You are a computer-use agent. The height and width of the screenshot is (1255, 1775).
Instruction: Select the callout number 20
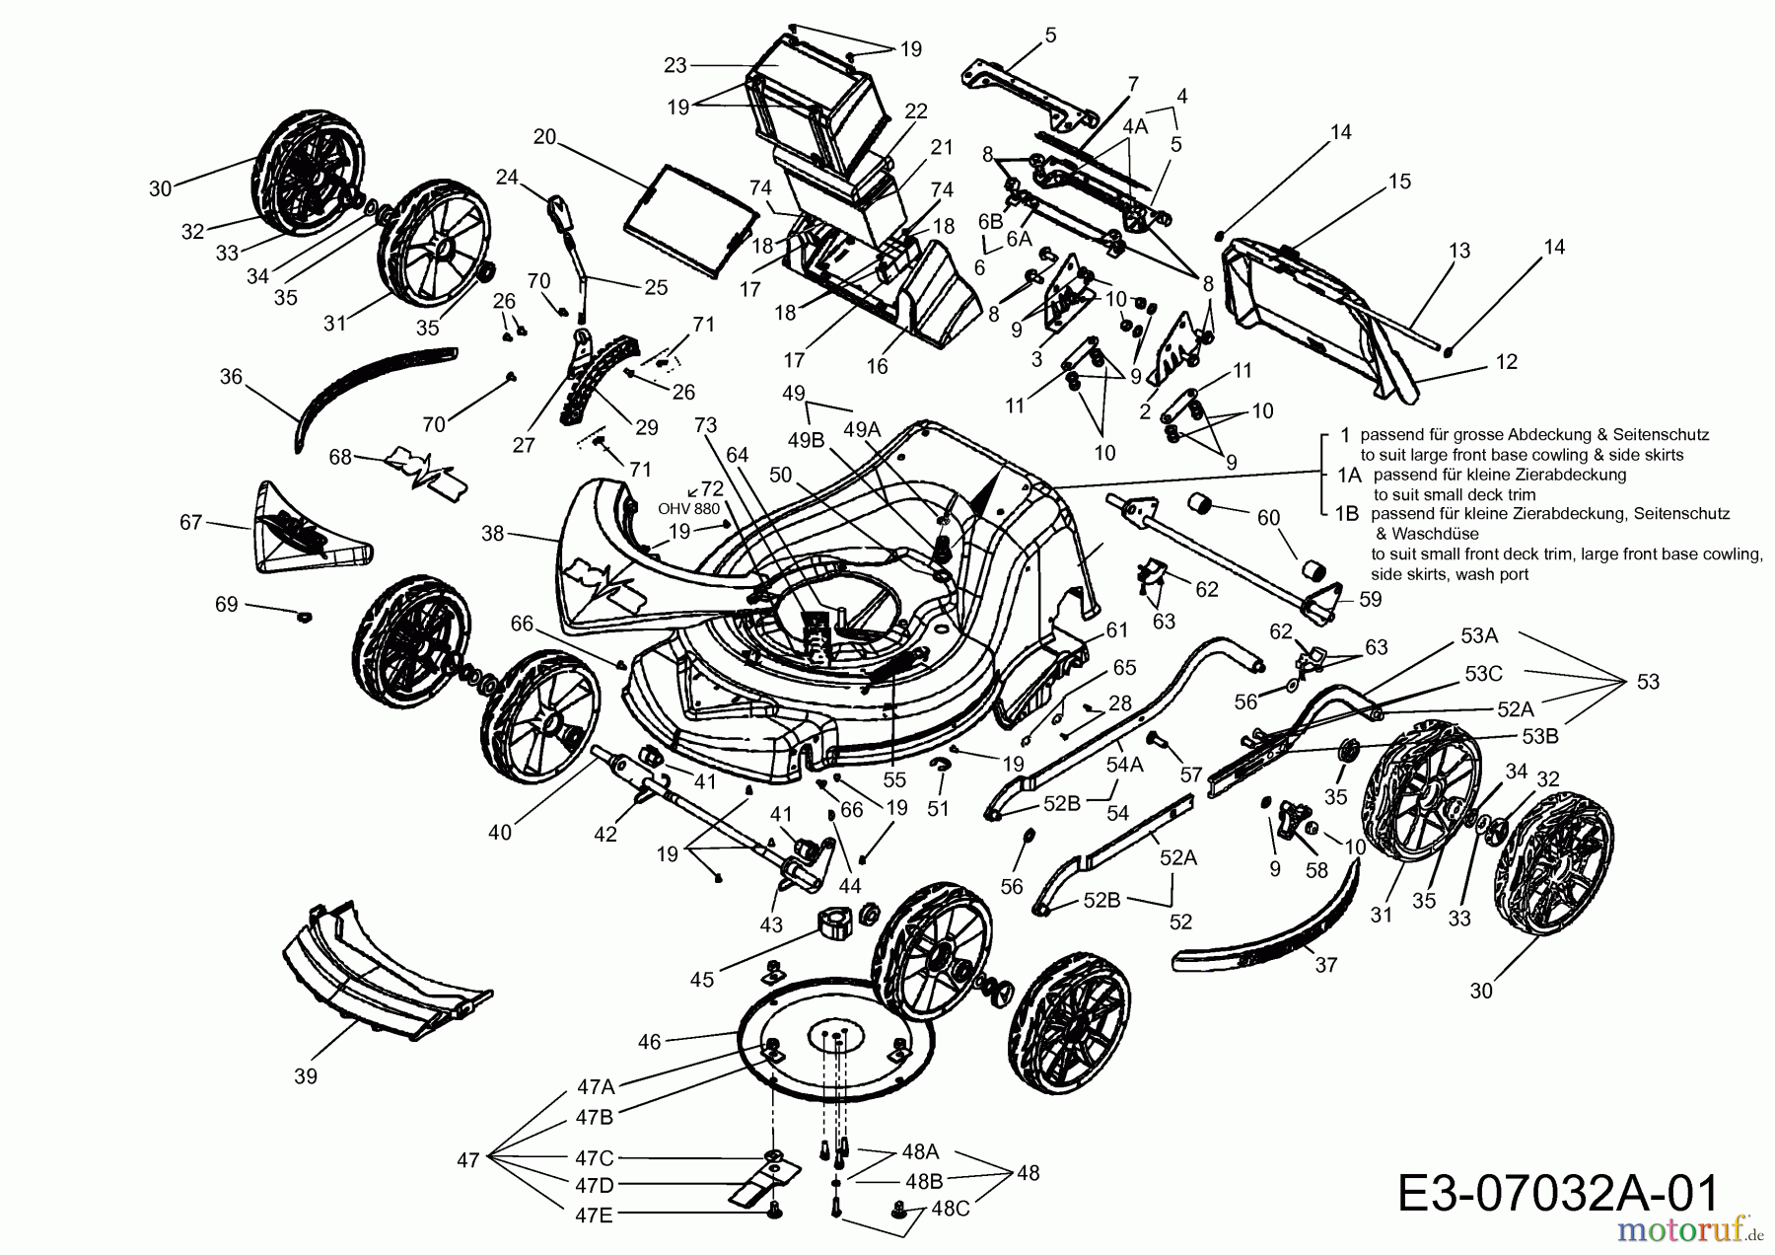click(544, 137)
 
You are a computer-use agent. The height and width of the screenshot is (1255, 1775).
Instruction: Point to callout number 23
click(674, 65)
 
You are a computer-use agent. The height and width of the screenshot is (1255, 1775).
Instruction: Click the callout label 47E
click(594, 1216)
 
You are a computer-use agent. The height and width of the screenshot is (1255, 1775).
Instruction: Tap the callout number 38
click(492, 534)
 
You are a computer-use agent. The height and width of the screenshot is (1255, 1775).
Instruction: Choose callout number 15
click(1399, 181)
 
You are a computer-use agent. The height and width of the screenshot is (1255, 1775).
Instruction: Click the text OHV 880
click(688, 509)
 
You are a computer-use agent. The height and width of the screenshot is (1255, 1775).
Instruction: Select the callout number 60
click(1268, 518)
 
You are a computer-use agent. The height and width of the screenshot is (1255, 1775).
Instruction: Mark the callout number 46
click(649, 1040)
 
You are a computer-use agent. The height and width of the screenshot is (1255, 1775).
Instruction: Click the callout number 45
click(702, 981)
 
